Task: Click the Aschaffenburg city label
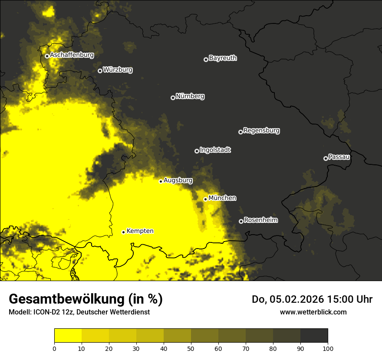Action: click(x=72, y=55)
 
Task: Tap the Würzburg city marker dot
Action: click(x=100, y=71)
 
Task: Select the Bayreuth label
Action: click(x=223, y=58)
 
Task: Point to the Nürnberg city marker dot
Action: click(x=173, y=98)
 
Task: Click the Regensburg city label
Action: click(x=261, y=131)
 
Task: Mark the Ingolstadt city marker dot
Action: click(x=197, y=151)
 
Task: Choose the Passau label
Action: click(x=339, y=157)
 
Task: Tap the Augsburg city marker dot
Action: click(x=161, y=181)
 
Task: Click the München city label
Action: click(x=222, y=198)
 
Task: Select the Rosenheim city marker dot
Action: click(x=241, y=221)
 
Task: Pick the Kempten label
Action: click(x=140, y=231)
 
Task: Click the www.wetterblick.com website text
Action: click(x=313, y=312)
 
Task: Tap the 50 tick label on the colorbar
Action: click(x=191, y=348)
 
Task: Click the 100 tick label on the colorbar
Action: click(x=328, y=348)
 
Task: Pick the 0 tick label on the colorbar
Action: click(x=54, y=348)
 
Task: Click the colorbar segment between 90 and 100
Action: click(x=314, y=335)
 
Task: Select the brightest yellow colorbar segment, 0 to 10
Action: click(x=68, y=335)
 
